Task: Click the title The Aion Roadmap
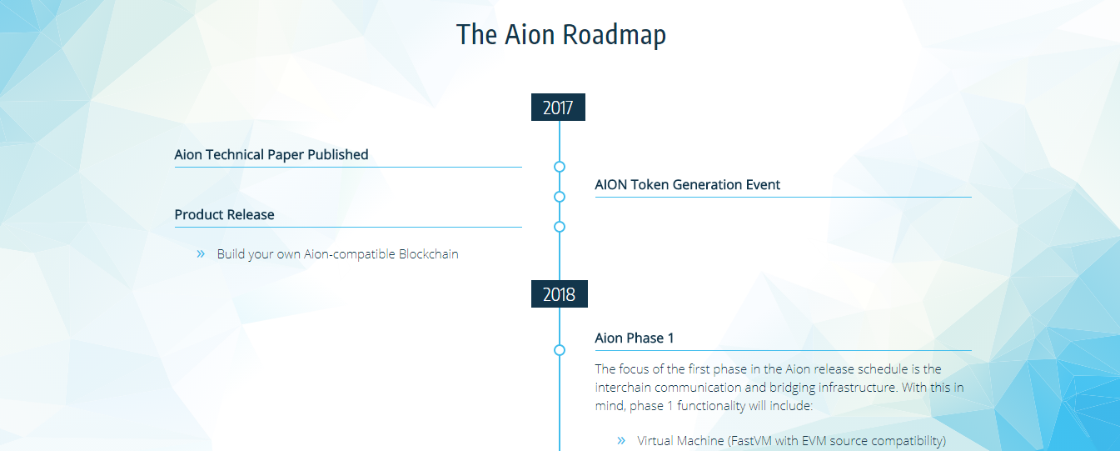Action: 561,34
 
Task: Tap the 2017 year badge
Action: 558,107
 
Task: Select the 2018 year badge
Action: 559,293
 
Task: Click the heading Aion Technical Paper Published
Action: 271,155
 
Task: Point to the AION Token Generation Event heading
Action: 687,185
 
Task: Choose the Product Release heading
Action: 224,215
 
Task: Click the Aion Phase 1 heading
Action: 634,338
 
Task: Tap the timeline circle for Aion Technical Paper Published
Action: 560,167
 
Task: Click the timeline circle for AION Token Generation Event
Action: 560,197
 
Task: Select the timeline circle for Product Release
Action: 560,227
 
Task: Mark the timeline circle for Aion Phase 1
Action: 560,350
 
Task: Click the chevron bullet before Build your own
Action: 201,253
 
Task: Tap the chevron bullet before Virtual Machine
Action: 621,440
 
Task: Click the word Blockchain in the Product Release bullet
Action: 429,253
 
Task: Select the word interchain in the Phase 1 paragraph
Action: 623,388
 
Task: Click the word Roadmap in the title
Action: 614,35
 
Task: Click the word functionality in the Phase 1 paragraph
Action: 711,406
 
